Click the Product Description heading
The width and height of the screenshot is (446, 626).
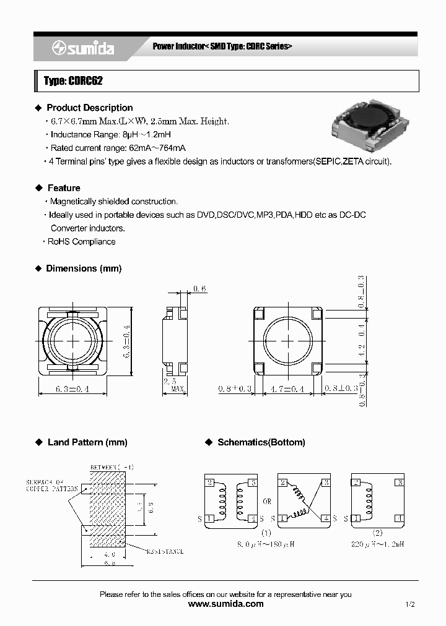click(89, 108)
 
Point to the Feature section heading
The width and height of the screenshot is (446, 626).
click(64, 187)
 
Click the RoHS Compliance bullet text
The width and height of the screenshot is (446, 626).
click(81, 241)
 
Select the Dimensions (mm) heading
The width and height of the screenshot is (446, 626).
click(84, 268)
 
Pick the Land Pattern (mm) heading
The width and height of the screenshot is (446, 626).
click(87, 442)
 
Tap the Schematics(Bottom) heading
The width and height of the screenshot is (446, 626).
click(261, 442)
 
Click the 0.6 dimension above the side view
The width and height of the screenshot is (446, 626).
click(199, 288)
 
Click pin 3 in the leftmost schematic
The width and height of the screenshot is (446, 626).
click(251, 482)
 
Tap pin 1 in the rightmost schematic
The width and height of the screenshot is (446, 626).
click(356, 518)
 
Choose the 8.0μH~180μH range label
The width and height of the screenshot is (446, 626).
click(266, 544)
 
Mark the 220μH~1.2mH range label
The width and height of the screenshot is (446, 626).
click(378, 544)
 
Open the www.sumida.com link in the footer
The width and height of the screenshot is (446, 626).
click(225, 604)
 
